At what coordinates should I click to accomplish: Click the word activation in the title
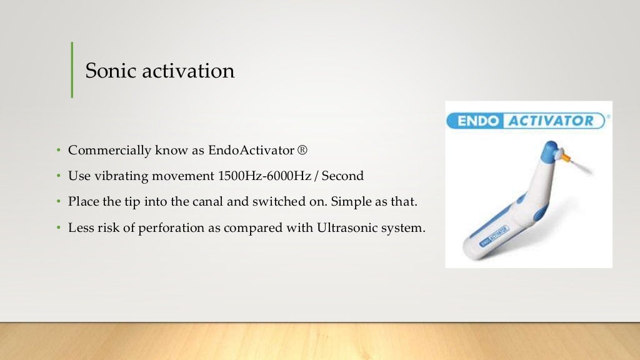[x=187, y=70]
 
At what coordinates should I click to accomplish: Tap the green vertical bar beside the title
[x=72, y=69]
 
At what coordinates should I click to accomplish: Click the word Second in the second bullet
[x=344, y=176]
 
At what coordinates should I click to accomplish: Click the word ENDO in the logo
[x=476, y=121]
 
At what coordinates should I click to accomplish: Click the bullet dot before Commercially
[x=57, y=151]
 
